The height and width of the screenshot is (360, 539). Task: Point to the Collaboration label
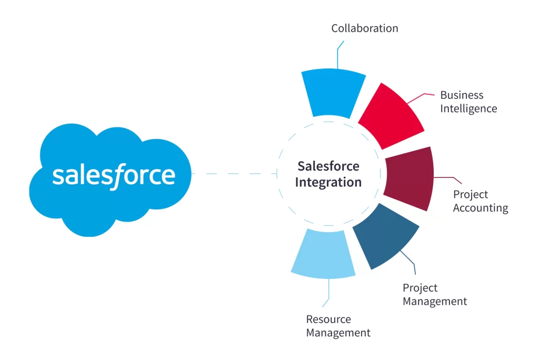(x=364, y=28)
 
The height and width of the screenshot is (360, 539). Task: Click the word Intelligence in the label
(x=468, y=108)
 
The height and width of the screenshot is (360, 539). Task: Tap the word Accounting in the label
(x=481, y=208)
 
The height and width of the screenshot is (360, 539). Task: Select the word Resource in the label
(x=328, y=319)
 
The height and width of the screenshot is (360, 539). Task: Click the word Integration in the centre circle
(x=328, y=183)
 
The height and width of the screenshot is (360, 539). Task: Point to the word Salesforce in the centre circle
(x=328, y=166)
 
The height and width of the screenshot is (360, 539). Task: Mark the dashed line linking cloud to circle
(x=234, y=173)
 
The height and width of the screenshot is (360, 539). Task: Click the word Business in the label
(x=462, y=95)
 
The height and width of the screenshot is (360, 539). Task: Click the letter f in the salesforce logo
(x=117, y=175)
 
